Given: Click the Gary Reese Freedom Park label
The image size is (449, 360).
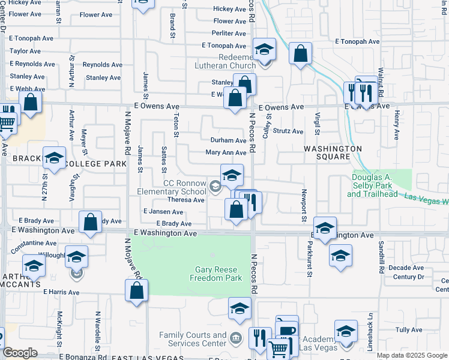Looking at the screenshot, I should (x=215, y=274).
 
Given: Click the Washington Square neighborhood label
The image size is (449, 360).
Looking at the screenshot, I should (x=333, y=152).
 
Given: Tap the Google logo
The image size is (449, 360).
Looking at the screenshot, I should (x=20, y=352).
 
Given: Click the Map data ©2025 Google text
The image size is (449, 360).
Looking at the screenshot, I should (x=411, y=355).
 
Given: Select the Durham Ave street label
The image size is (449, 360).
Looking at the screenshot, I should (x=228, y=140).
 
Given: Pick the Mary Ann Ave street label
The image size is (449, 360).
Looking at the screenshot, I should (x=226, y=153).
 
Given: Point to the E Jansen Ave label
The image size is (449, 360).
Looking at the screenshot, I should (x=163, y=212).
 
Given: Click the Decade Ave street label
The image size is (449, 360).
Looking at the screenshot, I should (x=406, y=268).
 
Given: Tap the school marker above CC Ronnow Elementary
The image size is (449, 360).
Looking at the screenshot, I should (x=232, y=175).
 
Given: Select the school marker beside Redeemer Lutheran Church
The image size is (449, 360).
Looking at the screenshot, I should (x=264, y=50).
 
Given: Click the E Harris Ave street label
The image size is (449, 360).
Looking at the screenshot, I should (x=61, y=292).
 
